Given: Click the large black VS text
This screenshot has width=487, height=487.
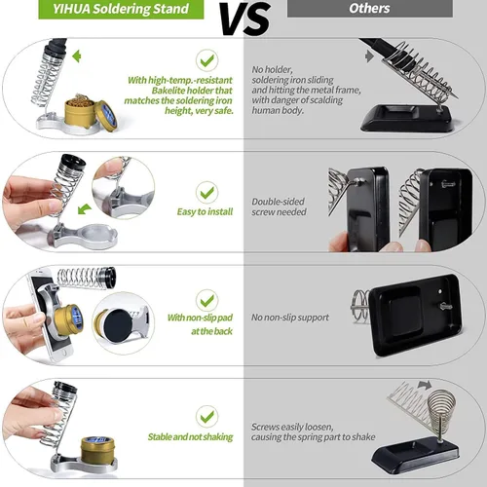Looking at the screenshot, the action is pyautogui.click(x=245, y=19).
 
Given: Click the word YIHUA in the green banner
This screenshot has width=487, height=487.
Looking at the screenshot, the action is pyautogui.click(x=71, y=9).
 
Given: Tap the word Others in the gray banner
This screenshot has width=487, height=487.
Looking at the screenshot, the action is pyautogui.click(x=369, y=9).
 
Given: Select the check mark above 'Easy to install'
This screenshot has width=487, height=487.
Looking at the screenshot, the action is pyautogui.click(x=207, y=193).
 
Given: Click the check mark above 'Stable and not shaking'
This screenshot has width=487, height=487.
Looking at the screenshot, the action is pyautogui.click(x=207, y=417).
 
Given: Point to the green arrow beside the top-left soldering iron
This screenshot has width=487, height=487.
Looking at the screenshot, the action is pyautogui.click(x=77, y=56).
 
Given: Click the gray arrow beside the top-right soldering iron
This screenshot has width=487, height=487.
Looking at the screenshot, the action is pyautogui.click(x=369, y=56).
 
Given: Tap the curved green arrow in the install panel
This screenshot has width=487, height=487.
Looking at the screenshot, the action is pyautogui.click(x=85, y=209).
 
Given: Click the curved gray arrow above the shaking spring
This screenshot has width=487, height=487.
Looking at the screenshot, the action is pyautogui.click(x=425, y=385).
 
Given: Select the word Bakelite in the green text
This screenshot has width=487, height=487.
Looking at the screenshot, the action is pyautogui.click(x=169, y=91).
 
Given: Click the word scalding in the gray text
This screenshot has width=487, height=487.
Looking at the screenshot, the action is pyautogui.click(x=325, y=100).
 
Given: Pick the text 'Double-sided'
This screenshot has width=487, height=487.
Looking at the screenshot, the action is pyautogui.click(x=279, y=202).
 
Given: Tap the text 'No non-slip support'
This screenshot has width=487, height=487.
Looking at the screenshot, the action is pyautogui.click(x=290, y=318).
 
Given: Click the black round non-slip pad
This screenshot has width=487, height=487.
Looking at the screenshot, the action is pyautogui.click(x=118, y=325).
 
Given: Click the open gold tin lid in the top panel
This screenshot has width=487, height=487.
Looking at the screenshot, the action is pyautogui.click(x=106, y=116).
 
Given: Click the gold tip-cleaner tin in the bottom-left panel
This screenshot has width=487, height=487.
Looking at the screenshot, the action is pyautogui.click(x=97, y=448).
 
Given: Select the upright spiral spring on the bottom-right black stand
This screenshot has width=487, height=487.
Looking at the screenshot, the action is pyautogui.click(x=441, y=406).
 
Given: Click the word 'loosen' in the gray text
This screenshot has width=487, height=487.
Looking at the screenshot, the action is pyautogui.click(x=318, y=427).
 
